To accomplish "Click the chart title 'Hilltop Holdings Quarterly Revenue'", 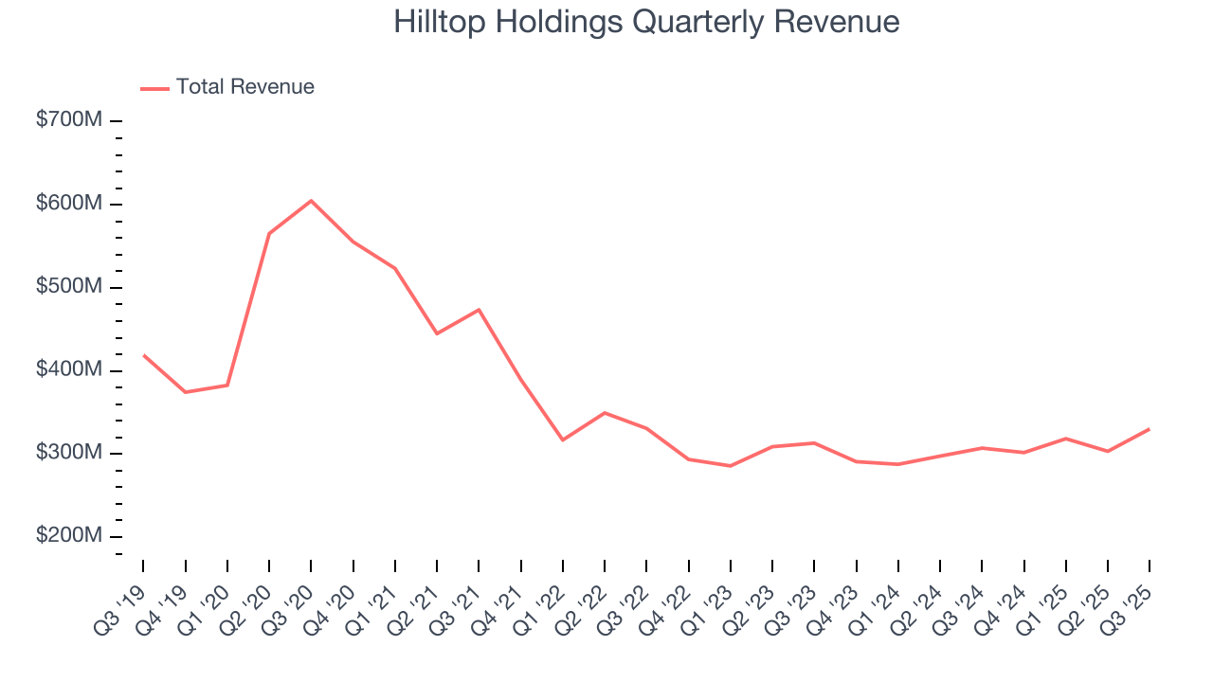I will pos(646,22).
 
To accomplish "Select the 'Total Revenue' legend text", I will pos(244,87).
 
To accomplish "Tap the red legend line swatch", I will pos(154,88).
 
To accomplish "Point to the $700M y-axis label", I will pos(68,121).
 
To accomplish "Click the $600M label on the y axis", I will pos(68,204).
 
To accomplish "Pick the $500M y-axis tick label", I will pos(68,287).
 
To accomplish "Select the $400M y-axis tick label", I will pos(68,369).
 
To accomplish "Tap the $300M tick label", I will pos(68,453).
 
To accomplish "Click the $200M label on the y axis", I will pos(68,536).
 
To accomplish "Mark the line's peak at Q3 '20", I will pos(311,201).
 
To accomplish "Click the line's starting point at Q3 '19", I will pos(143,355).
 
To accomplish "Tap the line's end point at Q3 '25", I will pos(1150,429).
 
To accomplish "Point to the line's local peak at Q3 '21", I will pos(479,310).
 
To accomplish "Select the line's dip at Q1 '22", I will pos(563,440).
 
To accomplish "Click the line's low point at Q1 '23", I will pos(731,466).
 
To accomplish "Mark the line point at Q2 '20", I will pos(269,233).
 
